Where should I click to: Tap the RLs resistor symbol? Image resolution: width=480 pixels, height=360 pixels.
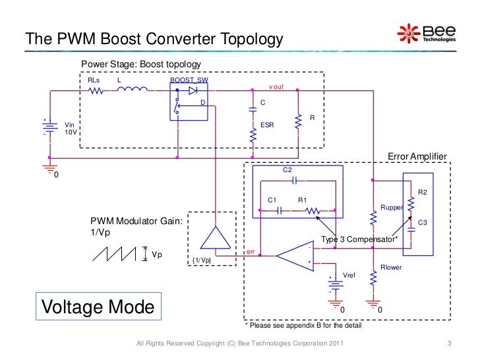pyautogui.click(x=96, y=90)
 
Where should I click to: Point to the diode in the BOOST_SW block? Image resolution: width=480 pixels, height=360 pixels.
pyautogui.click(x=193, y=90)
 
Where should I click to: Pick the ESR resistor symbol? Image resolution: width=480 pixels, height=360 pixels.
pyautogui.click(x=253, y=136)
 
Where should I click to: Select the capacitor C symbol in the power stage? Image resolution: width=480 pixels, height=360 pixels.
pyautogui.click(x=253, y=109)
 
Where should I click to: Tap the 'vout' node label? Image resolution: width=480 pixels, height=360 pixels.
pyautogui.click(x=276, y=87)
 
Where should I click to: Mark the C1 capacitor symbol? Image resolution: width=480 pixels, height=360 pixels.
pyautogui.click(x=280, y=211)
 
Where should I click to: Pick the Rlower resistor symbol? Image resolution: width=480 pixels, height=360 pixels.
pyautogui.click(x=373, y=280)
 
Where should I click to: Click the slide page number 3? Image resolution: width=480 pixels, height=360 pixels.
pyautogui.click(x=448, y=345)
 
